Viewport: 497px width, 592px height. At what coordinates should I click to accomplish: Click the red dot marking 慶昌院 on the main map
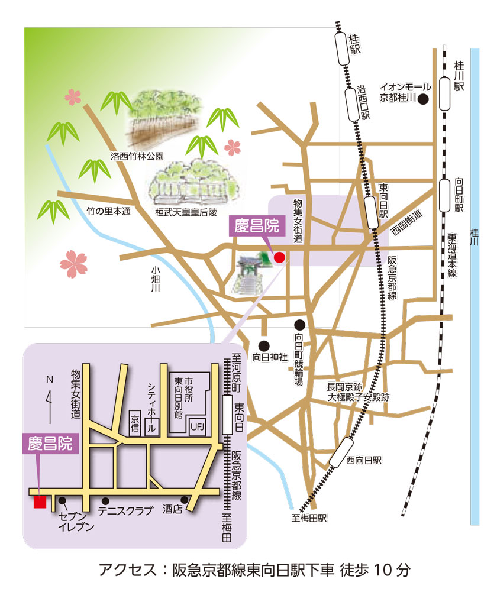279,257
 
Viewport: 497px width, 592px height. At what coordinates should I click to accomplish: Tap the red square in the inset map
40,502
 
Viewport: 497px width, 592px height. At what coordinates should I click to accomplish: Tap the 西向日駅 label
364,459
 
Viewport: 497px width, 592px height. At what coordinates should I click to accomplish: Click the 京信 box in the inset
135,422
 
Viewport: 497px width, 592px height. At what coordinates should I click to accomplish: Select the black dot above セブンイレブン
62,500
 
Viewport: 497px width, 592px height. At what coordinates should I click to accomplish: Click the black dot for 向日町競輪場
300,325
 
